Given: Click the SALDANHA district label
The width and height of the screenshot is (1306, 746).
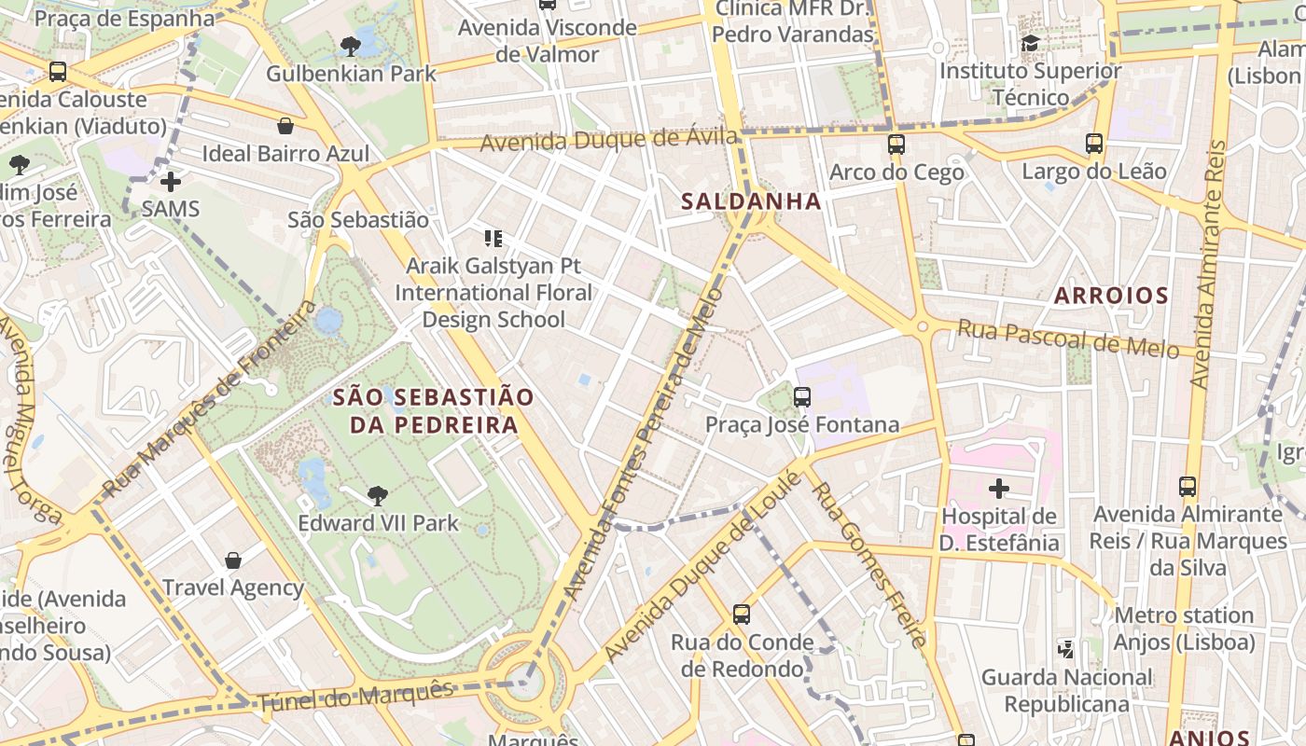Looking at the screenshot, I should [751, 201].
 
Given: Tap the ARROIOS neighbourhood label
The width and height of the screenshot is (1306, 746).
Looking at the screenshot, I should [1111, 297].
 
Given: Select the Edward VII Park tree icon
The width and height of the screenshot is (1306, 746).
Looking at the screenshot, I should [378, 495].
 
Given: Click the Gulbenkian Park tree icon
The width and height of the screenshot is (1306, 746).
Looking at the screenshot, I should [351, 46].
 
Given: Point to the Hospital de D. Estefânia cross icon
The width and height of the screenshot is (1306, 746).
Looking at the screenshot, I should [999, 488].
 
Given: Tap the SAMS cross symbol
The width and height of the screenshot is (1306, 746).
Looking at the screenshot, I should [171, 181].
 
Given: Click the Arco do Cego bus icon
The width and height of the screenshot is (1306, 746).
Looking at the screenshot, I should [896, 145].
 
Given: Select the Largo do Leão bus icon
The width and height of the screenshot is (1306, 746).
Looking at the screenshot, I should [1094, 144].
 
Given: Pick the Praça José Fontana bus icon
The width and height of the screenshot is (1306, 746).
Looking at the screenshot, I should [802, 397].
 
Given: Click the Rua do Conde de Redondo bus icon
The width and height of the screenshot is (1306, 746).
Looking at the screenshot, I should [742, 615].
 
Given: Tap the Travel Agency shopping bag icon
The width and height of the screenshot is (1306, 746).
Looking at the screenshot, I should [233, 560].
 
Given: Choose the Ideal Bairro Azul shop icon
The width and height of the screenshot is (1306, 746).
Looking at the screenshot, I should [285, 126].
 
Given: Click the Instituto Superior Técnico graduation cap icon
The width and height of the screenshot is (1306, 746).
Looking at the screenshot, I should [1030, 44].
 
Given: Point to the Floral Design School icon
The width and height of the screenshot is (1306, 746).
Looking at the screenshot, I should [493, 239].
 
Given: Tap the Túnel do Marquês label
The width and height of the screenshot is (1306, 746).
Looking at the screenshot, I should [354, 696].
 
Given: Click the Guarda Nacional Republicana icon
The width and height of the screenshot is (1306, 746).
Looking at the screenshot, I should [1066, 649].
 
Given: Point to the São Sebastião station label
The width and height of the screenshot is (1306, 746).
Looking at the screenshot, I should [358, 220].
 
